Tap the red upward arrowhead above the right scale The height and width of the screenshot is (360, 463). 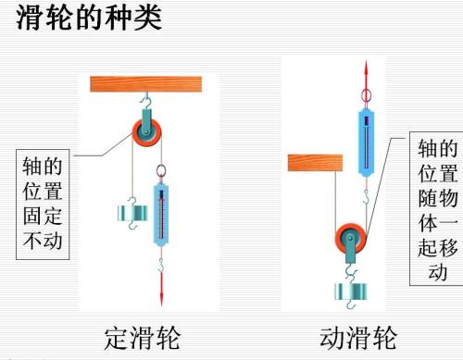coord(368,68)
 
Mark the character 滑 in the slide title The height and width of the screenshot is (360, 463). coord(31,18)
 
